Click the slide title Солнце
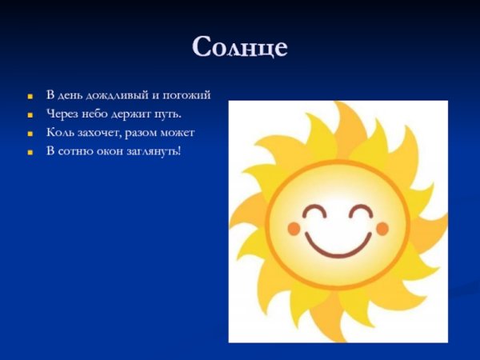pos(239,48)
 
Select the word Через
pos(62,114)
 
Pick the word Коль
pos(60,132)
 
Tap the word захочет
pos(99,132)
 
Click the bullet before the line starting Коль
pos(30,133)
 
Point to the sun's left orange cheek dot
pos(294,230)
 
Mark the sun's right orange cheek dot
pos(382,230)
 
